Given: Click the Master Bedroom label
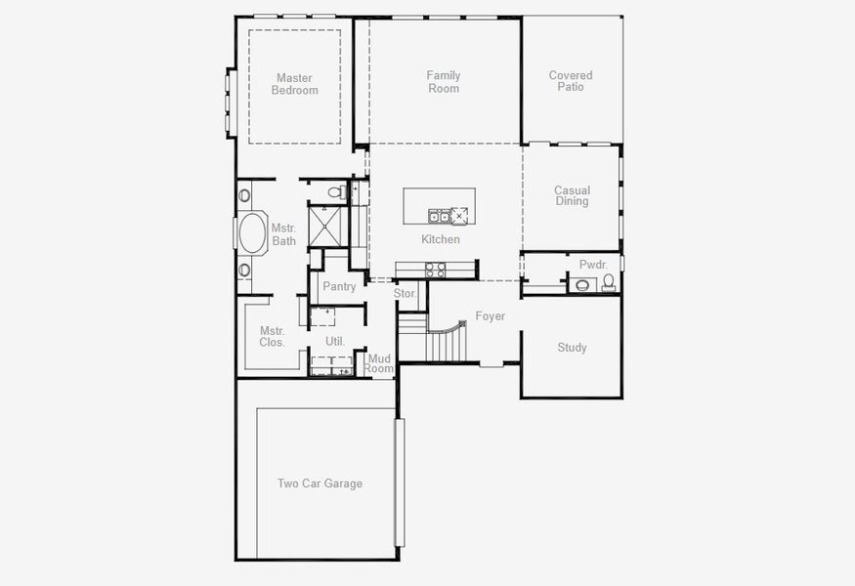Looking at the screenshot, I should click(294, 84).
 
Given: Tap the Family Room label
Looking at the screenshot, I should click(443, 82).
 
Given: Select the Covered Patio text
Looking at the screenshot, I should click(571, 81).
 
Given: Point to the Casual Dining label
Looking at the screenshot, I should click(572, 196).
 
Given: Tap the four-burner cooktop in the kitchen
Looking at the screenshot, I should click(435, 271).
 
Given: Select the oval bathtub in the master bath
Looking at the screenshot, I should click(251, 234).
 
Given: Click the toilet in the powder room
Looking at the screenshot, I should click(608, 283).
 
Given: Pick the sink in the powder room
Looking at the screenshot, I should click(582, 285).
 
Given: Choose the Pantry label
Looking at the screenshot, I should click(339, 287).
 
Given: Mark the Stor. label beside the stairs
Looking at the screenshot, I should click(405, 293).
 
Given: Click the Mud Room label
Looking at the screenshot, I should click(379, 364).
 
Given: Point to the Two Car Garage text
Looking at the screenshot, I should click(320, 483).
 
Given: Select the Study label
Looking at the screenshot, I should click(572, 348).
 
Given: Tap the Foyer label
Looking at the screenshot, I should click(490, 316).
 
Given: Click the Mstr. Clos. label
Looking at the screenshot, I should click(272, 337).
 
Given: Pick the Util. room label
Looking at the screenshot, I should click(334, 341).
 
